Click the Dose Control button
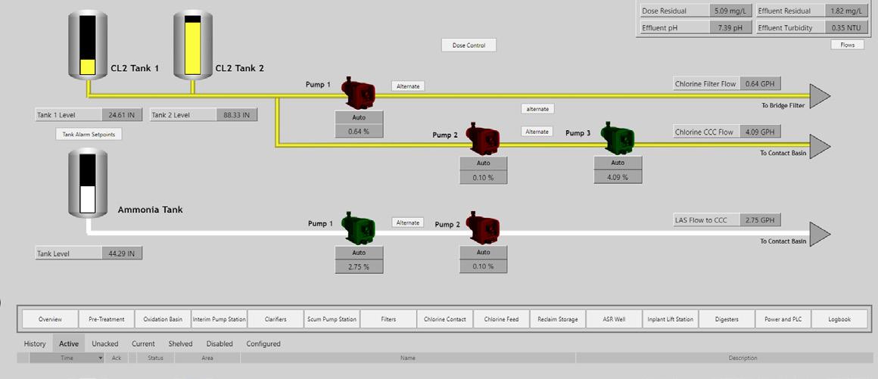pyautogui.click(x=469, y=45)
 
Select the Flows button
pyautogui.click(x=847, y=45)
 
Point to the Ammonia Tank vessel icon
pyautogui.click(x=88, y=182)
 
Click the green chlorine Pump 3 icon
pyautogui.click(x=618, y=138)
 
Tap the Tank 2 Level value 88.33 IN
pyautogui.click(x=236, y=115)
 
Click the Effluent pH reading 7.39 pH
pyautogui.click(x=730, y=28)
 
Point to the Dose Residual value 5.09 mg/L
pyautogui.click(x=730, y=11)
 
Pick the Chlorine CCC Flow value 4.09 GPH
pyautogui.click(x=760, y=132)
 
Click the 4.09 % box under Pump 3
pyautogui.click(x=618, y=178)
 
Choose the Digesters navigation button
pyautogui.click(x=727, y=319)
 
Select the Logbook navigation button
pyautogui.click(x=839, y=319)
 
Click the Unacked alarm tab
pyautogui.click(x=105, y=343)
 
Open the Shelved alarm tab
pyautogui.click(x=180, y=343)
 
